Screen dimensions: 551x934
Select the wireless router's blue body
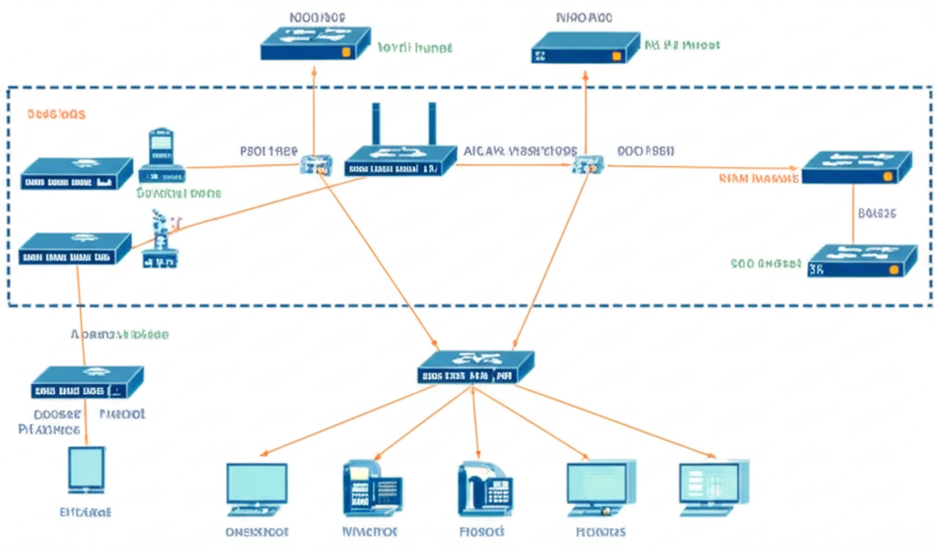[x=400, y=161]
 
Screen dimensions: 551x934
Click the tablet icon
[x=87, y=470]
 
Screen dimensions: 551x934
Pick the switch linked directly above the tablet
[x=87, y=381]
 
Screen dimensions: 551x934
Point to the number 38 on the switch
[x=816, y=269]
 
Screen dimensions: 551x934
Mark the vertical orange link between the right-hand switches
[x=853, y=213]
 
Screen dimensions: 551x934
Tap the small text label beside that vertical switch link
[x=877, y=213]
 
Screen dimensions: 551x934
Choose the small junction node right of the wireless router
[x=584, y=165]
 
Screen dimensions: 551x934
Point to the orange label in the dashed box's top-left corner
[x=56, y=115]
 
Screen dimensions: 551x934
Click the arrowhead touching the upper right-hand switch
[x=797, y=168]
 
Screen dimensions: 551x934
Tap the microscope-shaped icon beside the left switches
[x=161, y=238]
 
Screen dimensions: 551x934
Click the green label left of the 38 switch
[x=765, y=265]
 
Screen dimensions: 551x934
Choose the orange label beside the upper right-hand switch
[x=759, y=179]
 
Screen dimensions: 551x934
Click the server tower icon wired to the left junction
[x=161, y=153]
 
